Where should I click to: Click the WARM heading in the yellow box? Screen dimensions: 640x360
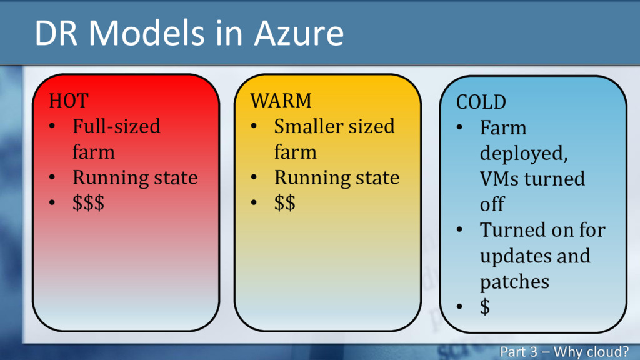[x=281, y=100]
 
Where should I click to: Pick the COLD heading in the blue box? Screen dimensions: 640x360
[x=481, y=102]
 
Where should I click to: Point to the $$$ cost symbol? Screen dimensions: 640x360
[x=88, y=203]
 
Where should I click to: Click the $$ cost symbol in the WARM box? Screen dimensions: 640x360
[x=285, y=203]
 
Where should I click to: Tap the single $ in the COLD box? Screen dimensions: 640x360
[x=485, y=307]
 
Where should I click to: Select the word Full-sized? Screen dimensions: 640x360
[x=116, y=126]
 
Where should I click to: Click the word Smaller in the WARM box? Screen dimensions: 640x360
[x=309, y=126]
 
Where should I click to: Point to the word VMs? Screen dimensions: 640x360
[x=499, y=179]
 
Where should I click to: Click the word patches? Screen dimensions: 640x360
[x=514, y=282]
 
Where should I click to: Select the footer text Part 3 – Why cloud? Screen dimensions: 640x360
[x=564, y=351]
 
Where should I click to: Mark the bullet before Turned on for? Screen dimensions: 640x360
[x=459, y=230]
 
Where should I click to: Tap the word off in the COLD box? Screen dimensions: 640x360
[x=492, y=204]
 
